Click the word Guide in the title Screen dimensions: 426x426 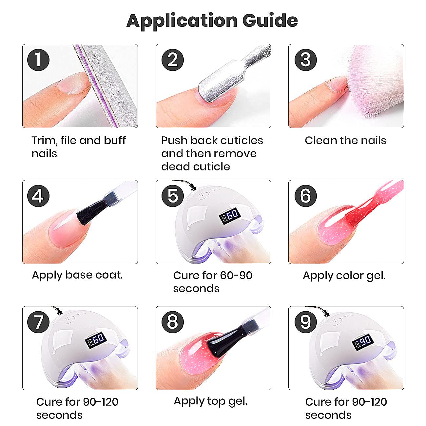[x=270, y=21]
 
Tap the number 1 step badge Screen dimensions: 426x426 [x=38, y=60]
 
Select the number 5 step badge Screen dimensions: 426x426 [x=173, y=196]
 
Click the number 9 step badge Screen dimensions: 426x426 [x=305, y=322]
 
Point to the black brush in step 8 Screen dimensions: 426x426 [x=224, y=342]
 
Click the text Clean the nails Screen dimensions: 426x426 [x=345, y=141]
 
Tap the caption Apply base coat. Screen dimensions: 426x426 [x=77, y=275]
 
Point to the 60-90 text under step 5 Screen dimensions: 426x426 [x=236, y=275]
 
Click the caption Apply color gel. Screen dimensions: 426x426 [x=344, y=276]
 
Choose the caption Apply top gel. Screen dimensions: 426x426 [x=211, y=401]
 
